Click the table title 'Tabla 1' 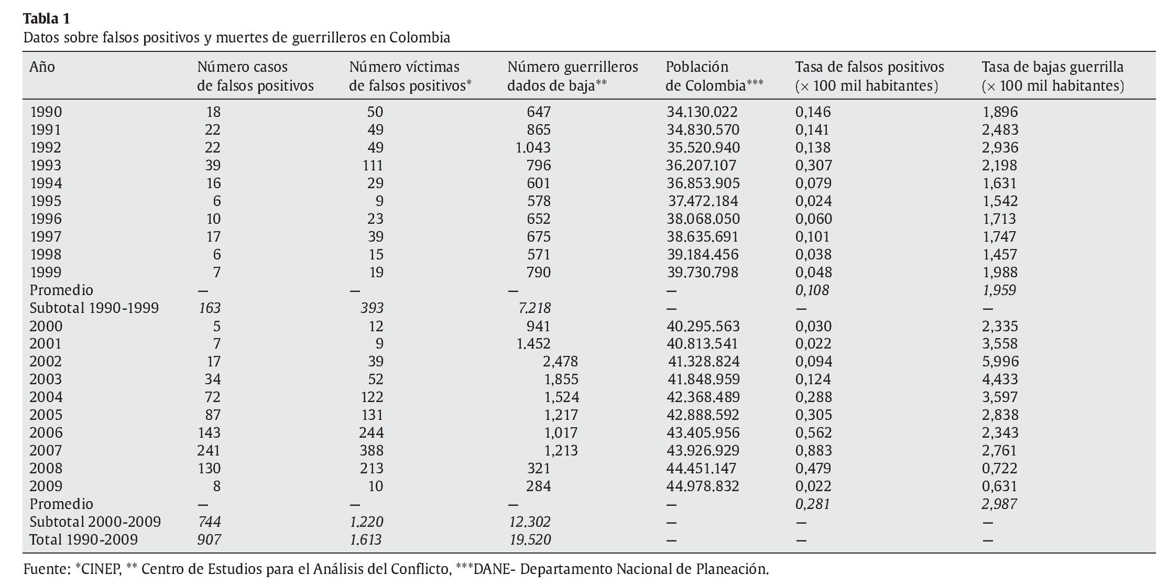pos(46,19)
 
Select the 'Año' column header pos(42,67)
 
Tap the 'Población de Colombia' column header pos(714,77)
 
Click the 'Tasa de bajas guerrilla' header pos(1052,77)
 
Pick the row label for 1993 pos(46,166)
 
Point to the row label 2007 pos(46,451)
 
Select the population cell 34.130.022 pos(702,112)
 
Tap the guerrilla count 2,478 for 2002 pos(560,362)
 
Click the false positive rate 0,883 pos(813,451)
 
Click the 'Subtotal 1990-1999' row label pos(94,308)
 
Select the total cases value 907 pos(209,540)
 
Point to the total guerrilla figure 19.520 pos(530,540)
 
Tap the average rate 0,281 pos(812,504)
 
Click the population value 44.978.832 pos(702,486)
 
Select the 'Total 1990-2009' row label pos(83,540)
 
